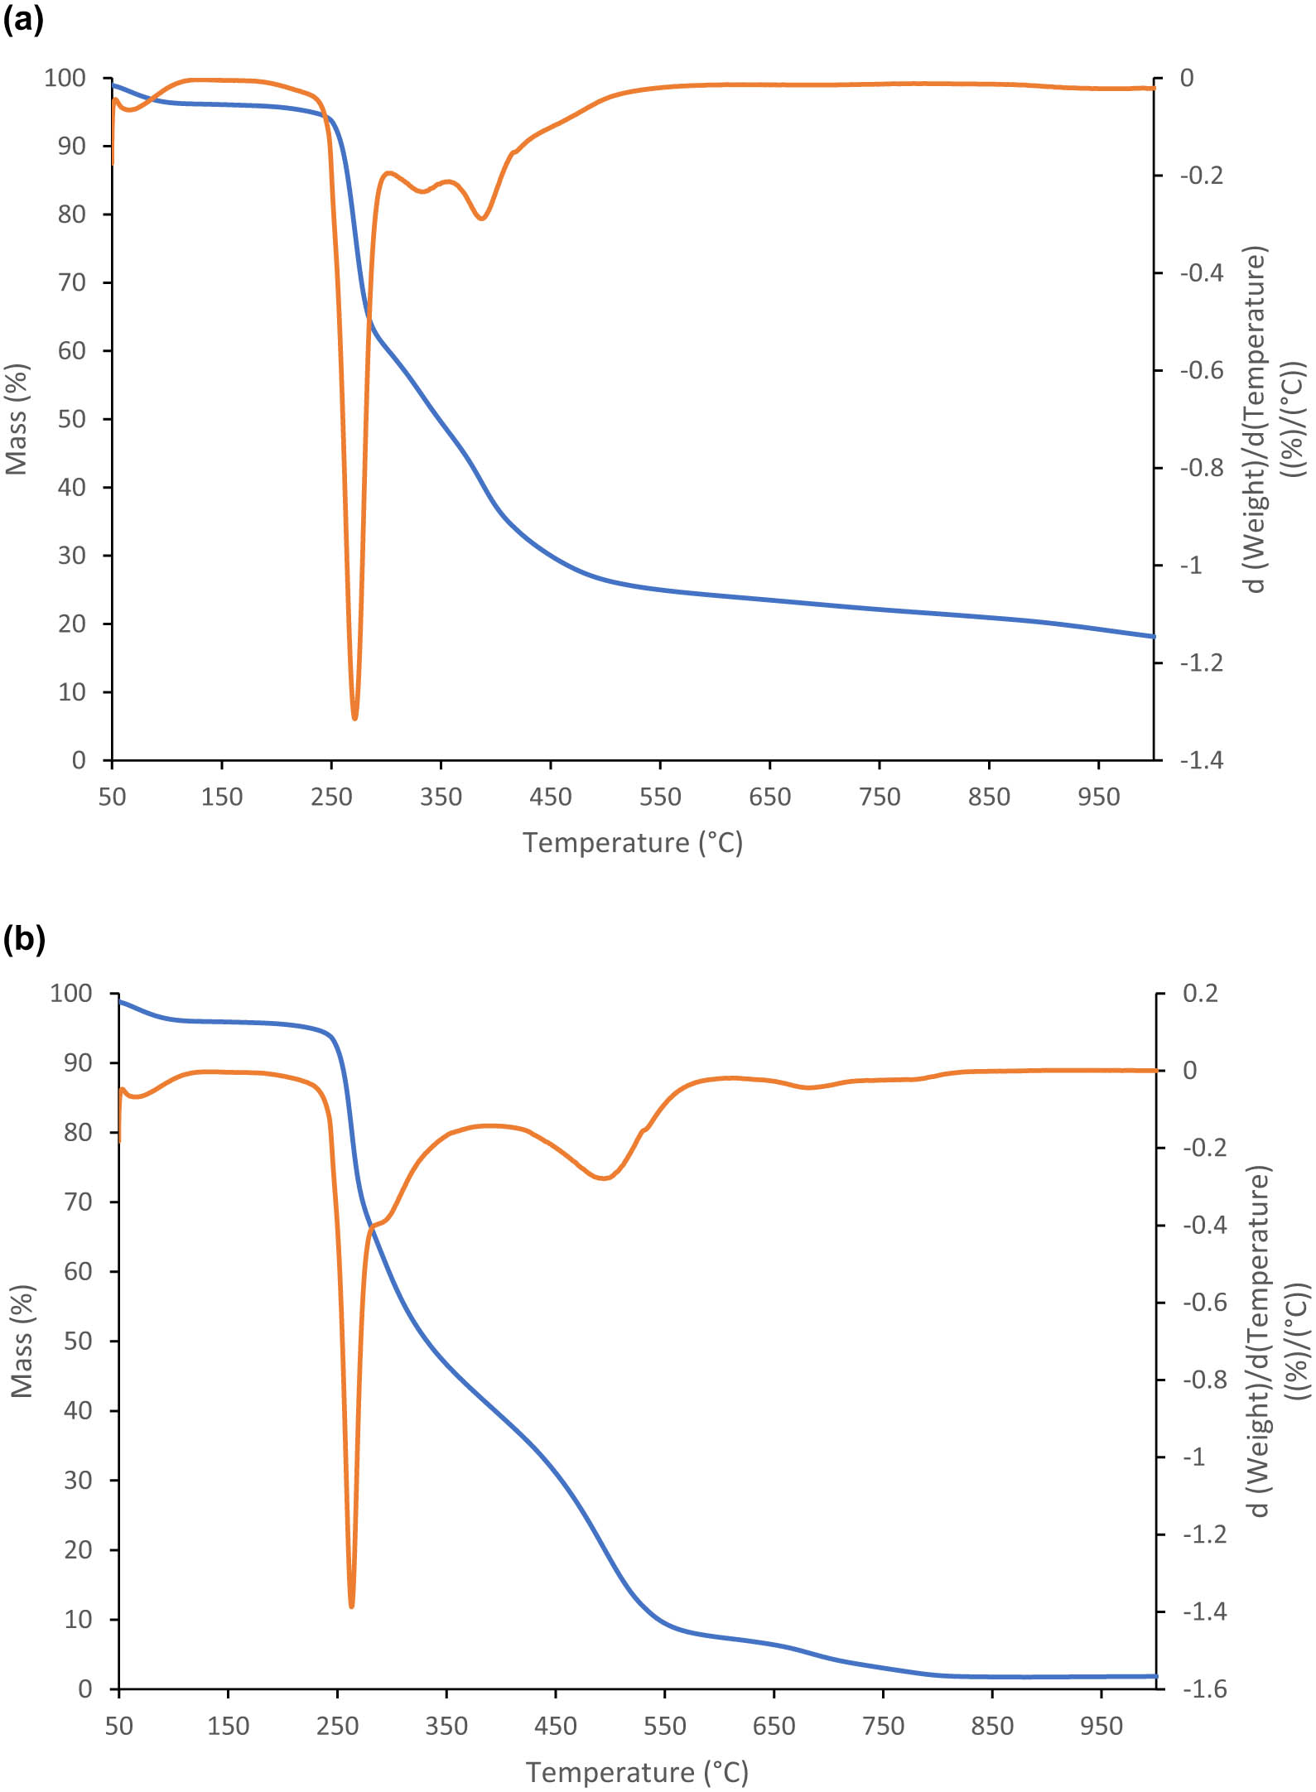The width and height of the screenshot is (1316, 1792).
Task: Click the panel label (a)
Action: click(x=22, y=18)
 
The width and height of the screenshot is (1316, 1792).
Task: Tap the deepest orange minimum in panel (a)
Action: click(x=354, y=717)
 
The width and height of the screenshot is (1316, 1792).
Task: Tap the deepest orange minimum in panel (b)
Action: click(x=351, y=1605)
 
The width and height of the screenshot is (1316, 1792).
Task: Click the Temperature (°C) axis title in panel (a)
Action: click(x=633, y=843)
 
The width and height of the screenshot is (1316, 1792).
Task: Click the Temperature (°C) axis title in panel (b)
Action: click(x=637, y=1771)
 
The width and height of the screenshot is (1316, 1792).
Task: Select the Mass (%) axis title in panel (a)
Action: click(x=17, y=419)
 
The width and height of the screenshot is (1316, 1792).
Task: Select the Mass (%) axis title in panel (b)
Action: click(x=21, y=1341)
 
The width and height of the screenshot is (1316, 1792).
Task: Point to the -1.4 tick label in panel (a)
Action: click(x=1201, y=760)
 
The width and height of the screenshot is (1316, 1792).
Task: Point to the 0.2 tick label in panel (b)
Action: click(x=1200, y=993)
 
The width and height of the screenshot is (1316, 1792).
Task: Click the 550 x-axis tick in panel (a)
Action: click(x=660, y=797)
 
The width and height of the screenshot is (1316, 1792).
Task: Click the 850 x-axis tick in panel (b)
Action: click(x=992, y=1726)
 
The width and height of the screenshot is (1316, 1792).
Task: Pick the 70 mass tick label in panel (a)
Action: click(x=71, y=282)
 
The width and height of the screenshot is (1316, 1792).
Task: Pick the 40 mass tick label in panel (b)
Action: click(x=78, y=1410)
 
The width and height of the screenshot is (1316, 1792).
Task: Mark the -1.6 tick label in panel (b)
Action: click(x=1204, y=1688)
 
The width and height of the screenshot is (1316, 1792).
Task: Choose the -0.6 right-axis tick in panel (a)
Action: click(x=1201, y=370)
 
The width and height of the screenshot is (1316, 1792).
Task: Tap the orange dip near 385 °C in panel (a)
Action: click(x=482, y=218)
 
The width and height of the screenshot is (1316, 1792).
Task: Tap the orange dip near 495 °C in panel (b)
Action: click(x=605, y=1178)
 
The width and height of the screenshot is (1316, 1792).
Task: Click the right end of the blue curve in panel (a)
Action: click(x=1152, y=636)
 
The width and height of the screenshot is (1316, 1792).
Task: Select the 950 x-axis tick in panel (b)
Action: click(x=1101, y=1726)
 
